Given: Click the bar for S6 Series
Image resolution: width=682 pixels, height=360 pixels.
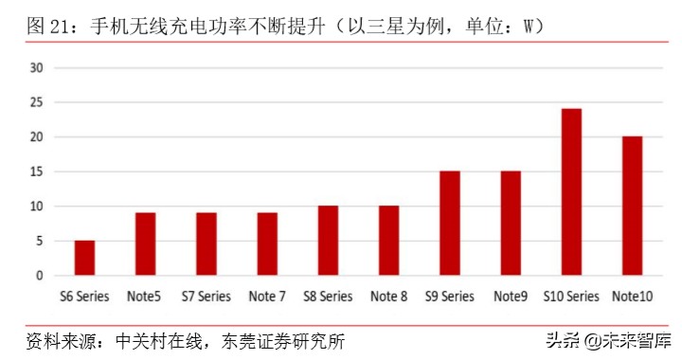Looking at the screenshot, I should (x=84, y=258).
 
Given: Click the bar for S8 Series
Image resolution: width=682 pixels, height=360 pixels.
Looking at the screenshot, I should (x=328, y=241).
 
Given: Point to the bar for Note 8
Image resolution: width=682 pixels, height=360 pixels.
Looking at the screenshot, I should (x=388, y=241).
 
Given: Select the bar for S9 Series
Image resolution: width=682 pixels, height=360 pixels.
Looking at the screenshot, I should (x=450, y=224).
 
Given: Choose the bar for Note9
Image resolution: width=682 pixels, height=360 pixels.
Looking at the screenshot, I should (x=511, y=224).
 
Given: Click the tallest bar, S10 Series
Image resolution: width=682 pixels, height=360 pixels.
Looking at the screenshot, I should (x=571, y=192).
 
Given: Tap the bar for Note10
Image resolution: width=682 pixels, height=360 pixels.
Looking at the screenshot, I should (x=632, y=207).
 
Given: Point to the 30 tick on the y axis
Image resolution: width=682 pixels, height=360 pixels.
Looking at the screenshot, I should (x=38, y=67).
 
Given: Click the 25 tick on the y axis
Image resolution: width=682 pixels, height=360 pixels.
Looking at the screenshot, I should (x=38, y=102).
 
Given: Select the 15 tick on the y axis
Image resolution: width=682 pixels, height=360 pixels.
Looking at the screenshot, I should (x=38, y=171).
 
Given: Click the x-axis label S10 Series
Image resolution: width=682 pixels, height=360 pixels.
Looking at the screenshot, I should (x=571, y=297).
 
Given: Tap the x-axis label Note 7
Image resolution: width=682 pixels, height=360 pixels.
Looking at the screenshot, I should (x=266, y=297).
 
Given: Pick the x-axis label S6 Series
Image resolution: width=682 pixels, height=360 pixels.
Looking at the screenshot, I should (x=84, y=297).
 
